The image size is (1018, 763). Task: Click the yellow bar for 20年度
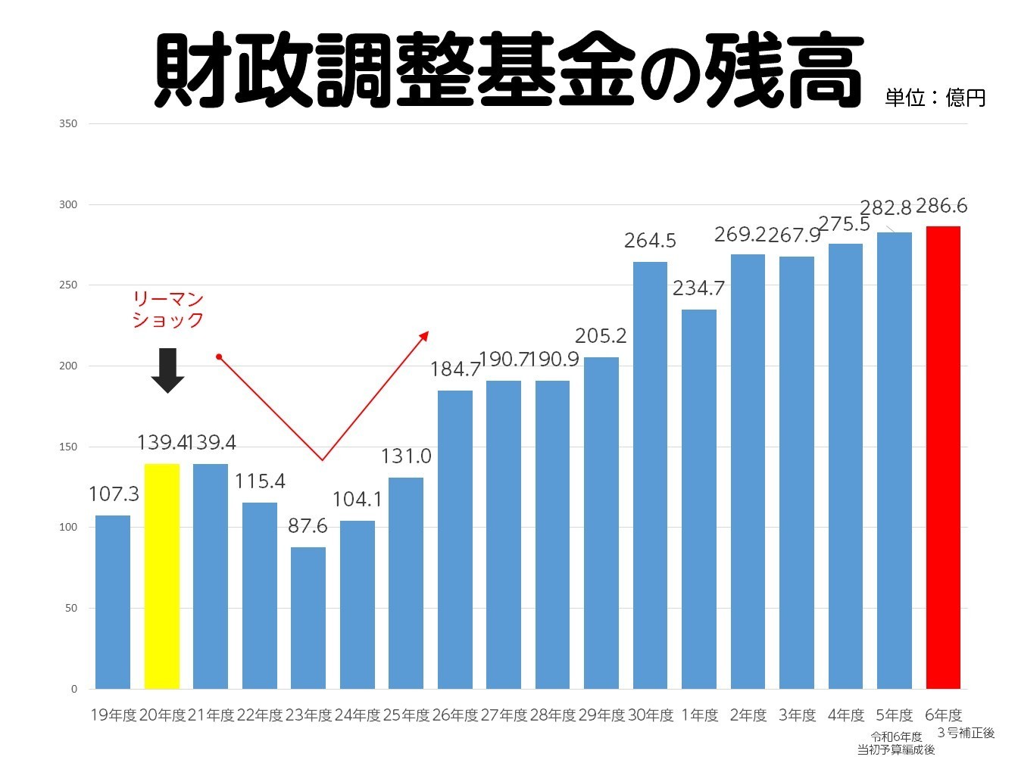[x=162, y=575]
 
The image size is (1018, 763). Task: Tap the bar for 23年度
[x=308, y=618]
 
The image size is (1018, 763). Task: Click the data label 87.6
[x=308, y=526]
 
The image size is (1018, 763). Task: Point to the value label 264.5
[x=650, y=241]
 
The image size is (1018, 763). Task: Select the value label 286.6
[x=941, y=206]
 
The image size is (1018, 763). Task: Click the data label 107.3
[x=114, y=494]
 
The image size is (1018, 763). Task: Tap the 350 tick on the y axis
[x=68, y=123]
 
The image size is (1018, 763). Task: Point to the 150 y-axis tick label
[x=68, y=447]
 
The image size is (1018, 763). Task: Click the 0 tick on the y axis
[x=74, y=689]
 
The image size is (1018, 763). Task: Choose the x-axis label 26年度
[x=454, y=715]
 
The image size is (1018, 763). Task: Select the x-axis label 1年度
[x=699, y=715]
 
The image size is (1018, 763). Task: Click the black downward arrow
[x=167, y=370]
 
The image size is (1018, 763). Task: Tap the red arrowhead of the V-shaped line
[x=424, y=335]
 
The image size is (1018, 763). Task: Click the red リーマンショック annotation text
[x=168, y=310]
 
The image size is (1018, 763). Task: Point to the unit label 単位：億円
[x=935, y=98]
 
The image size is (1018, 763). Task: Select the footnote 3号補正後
[x=966, y=733]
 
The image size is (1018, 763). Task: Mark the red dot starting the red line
[x=218, y=357]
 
